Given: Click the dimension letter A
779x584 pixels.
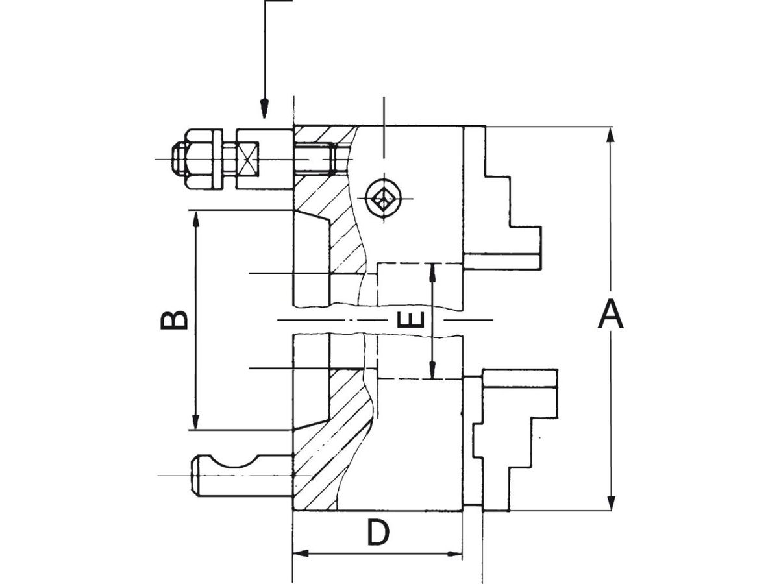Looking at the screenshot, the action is coord(610,314).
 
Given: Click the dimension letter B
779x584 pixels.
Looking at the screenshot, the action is coord(174,320).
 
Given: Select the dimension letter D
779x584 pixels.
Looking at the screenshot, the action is coord(378,532).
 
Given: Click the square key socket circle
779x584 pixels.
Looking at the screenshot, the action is coord(384,199).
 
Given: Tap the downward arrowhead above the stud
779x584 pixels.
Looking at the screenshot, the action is coord(264,108).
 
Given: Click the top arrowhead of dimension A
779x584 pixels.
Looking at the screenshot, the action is coord(610,136).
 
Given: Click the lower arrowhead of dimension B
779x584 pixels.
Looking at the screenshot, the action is coord(195,421).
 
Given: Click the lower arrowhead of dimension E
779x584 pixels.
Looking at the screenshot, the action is coord(432,370).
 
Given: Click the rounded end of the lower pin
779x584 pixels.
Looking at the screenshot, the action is coord(195,475).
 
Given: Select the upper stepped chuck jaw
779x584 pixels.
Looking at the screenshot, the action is coord(502,198).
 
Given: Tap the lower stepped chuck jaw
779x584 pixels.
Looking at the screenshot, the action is coord(515,440).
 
